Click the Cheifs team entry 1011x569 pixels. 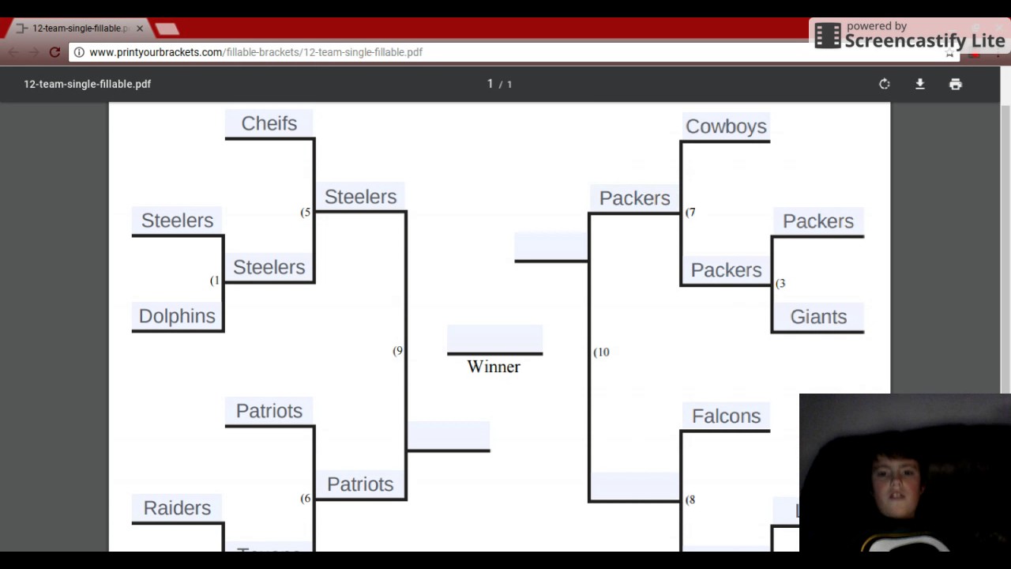(269, 124)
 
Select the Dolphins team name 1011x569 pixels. (177, 316)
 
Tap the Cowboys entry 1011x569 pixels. (726, 126)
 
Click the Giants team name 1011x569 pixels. (818, 317)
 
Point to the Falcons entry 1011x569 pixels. (726, 416)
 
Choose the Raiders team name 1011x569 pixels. (177, 508)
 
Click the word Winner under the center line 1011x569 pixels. (494, 367)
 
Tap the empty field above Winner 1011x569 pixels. (494, 339)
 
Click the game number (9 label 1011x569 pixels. (398, 351)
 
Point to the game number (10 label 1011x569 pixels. (602, 352)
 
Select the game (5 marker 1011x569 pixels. (306, 213)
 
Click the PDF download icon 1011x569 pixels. (919, 84)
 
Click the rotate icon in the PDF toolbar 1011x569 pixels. (884, 84)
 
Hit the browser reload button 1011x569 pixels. (54, 52)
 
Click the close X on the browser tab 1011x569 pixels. (140, 28)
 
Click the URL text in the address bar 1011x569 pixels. (256, 52)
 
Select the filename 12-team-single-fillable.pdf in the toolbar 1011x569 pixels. (87, 84)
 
